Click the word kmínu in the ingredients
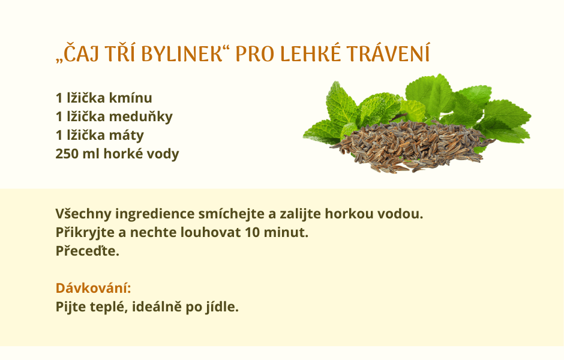(x=130, y=98)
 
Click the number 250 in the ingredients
(x=67, y=154)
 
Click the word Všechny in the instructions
(x=83, y=214)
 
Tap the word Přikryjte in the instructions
(x=85, y=232)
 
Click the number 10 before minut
(x=252, y=232)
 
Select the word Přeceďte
(x=88, y=251)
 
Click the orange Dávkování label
(x=93, y=288)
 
